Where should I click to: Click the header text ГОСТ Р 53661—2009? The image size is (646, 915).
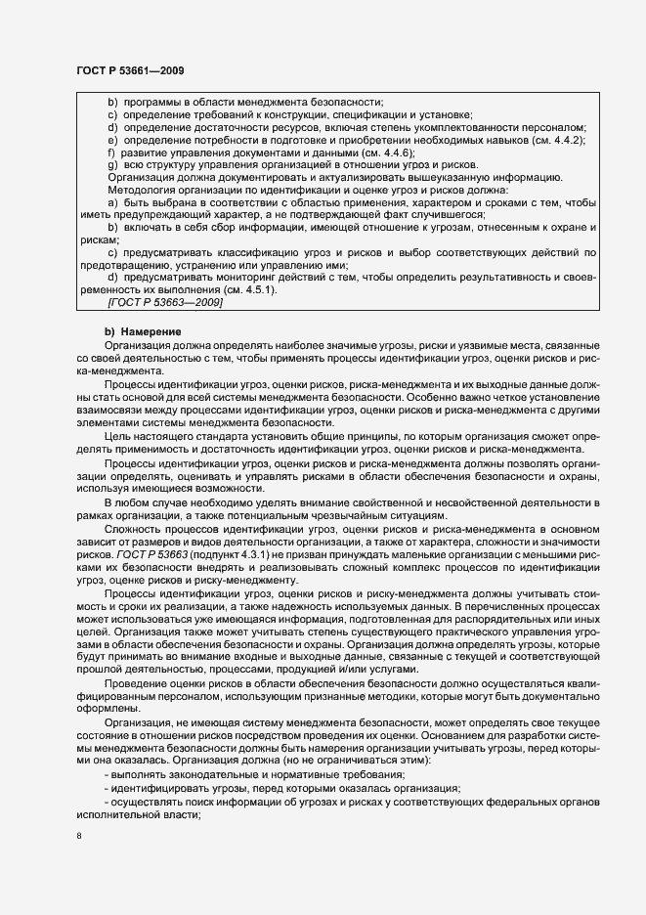pyautogui.click(x=129, y=70)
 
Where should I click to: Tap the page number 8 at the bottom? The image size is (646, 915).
pyautogui.click(x=79, y=837)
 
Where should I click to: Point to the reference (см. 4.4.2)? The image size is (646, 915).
pyautogui.click(x=559, y=140)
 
